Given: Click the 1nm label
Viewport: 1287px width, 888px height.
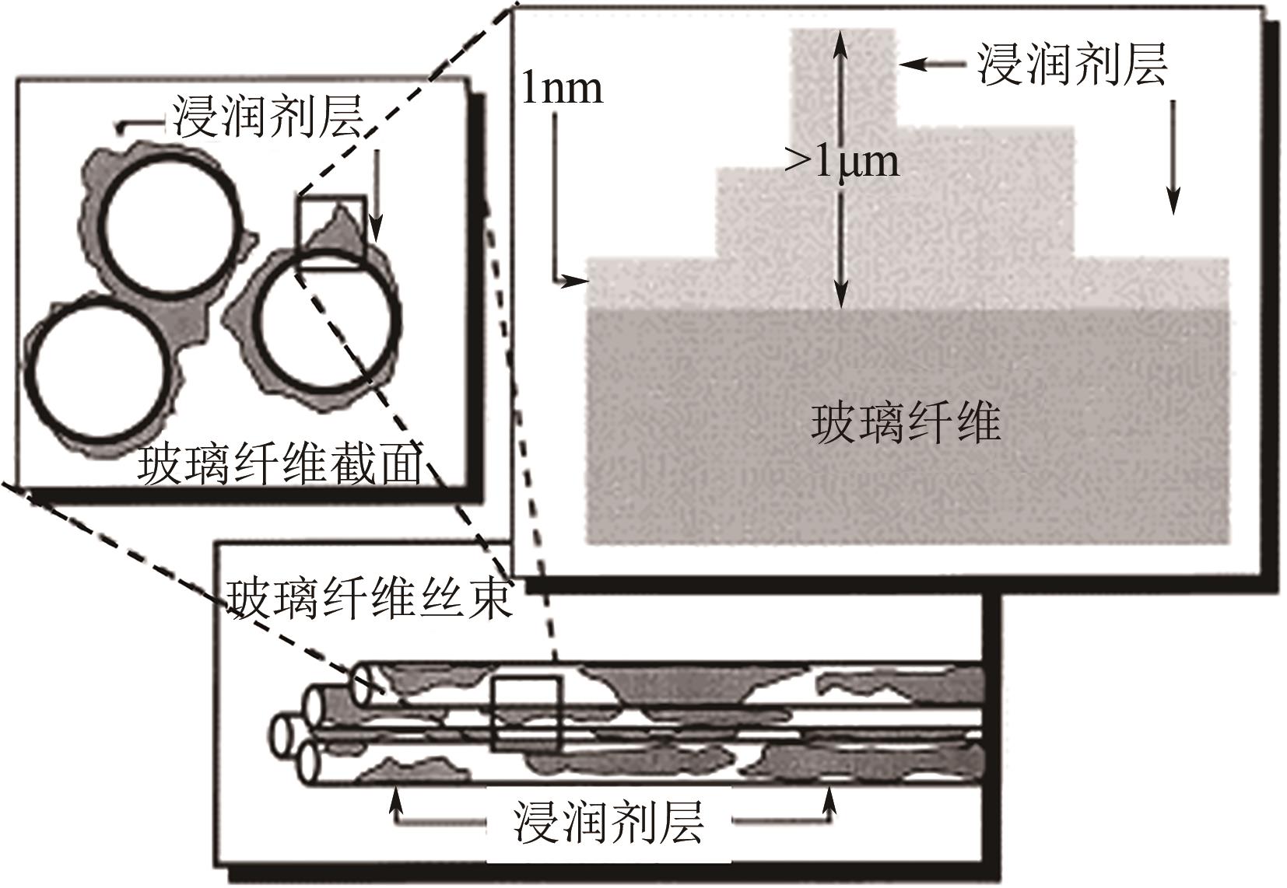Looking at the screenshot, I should point(562,89).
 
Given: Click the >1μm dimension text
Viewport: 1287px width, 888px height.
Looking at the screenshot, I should point(842,161).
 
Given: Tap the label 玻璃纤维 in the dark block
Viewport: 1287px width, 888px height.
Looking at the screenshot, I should point(906,424).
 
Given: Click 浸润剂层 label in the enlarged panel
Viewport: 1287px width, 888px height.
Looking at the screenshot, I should point(1073,64).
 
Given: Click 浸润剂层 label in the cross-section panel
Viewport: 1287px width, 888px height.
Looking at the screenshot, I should point(268,118).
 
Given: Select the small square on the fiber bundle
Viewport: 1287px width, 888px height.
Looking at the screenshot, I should point(526,714).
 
